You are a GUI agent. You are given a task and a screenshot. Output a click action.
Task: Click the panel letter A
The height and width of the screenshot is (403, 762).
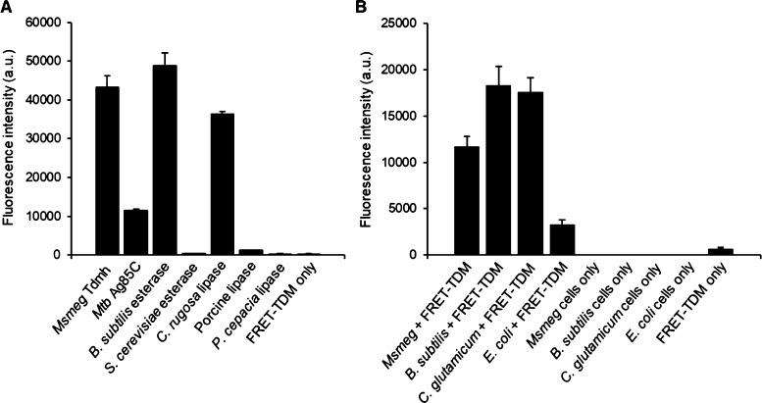click(8, 9)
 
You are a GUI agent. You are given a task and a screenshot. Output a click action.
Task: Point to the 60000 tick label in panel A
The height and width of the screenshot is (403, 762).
click(63, 22)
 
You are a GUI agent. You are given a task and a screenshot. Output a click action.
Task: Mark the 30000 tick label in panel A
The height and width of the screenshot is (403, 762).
click(63, 138)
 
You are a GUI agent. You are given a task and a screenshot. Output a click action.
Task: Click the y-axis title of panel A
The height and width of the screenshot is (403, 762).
click(11, 138)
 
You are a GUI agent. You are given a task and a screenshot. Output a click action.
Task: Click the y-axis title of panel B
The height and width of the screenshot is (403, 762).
click(370, 138)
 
